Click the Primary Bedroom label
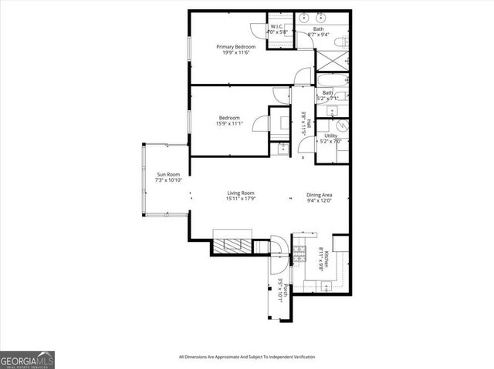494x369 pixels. coord(235,46)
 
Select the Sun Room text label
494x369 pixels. coord(168,174)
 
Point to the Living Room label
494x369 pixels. coord(241,193)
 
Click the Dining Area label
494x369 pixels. coord(320,195)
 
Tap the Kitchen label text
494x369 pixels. coord(327,261)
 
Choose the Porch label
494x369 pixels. coord(286,291)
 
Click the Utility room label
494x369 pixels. coord(330,136)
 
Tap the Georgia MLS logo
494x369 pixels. coord(27,360)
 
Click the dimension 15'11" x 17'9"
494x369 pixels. coord(241,200)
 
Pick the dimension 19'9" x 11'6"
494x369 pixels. coord(235,52)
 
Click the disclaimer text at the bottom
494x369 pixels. coord(247,357)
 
